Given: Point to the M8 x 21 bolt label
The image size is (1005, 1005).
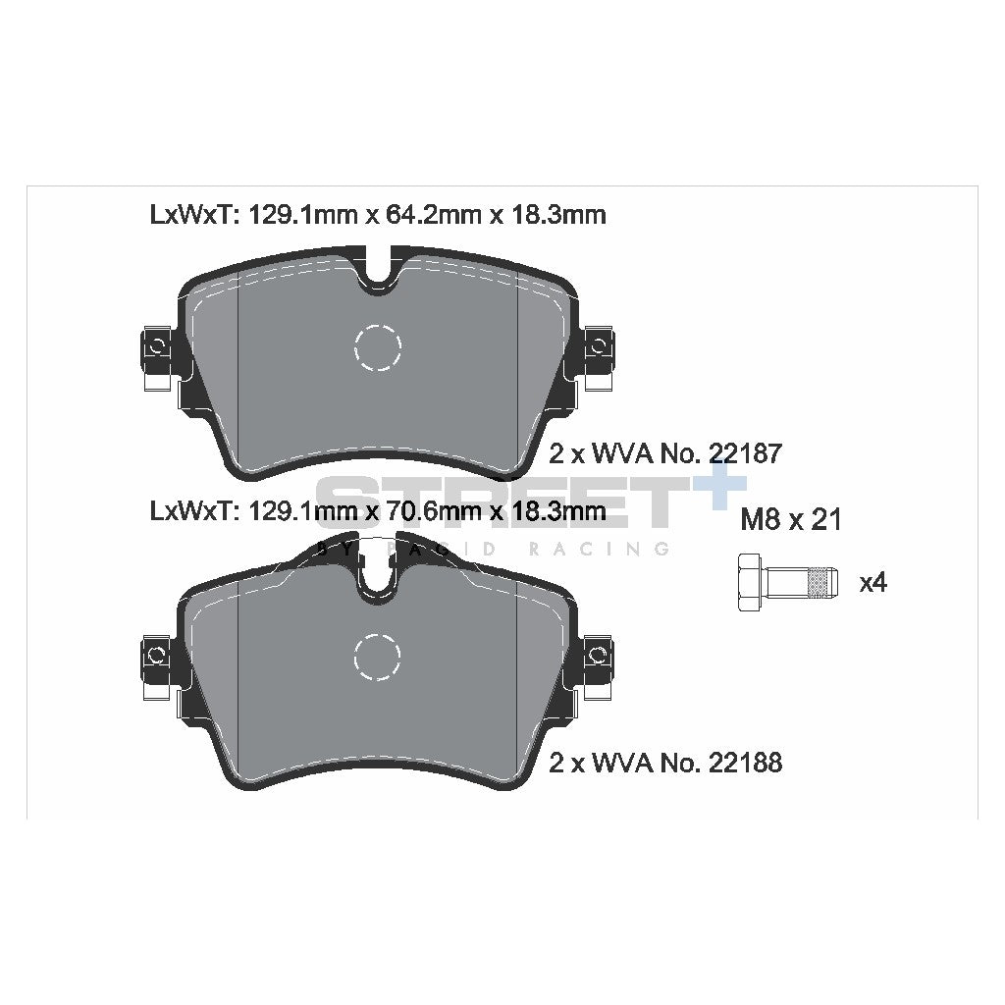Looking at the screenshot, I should (x=790, y=520).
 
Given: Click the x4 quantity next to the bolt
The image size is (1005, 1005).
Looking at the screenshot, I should (x=873, y=583).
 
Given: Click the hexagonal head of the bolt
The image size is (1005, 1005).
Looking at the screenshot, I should (x=747, y=583).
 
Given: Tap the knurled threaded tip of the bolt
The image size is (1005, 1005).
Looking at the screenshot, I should (x=817, y=583).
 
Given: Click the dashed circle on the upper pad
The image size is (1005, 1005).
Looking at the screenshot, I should (x=378, y=346).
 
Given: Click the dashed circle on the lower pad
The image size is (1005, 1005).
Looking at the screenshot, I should (x=378, y=656).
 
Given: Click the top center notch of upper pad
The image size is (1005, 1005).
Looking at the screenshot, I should (x=378, y=275).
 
